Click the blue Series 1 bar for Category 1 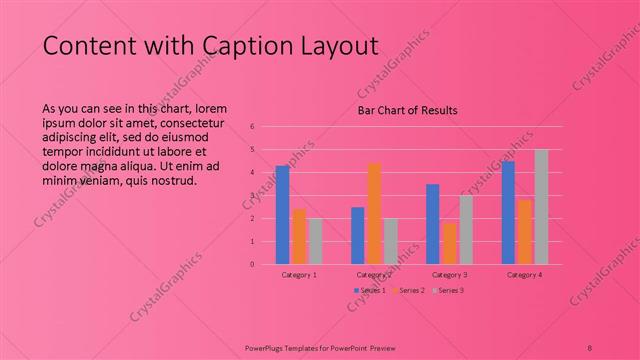tap(282, 215)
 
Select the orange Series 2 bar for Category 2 tap(374, 214)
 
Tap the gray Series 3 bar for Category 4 tap(541, 207)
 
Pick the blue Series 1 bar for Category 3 tap(432, 224)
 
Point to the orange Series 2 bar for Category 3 tap(449, 243)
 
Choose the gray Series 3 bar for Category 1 tap(315, 241)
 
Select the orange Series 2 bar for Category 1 tap(299, 237)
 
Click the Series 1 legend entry tap(369, 290)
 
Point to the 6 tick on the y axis tap(253, 127)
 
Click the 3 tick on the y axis tap(253, 196)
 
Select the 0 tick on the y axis tap(253, 265)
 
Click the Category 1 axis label tap(299, 274)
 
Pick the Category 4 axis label tap(524, 274)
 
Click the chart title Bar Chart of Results tap(407, 111)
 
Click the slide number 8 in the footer tap(590, 346)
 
